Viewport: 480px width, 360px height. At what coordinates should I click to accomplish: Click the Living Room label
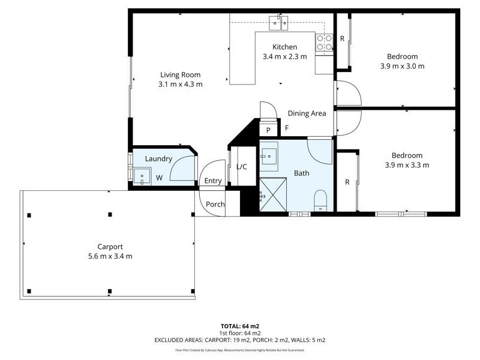[x=180, y=75]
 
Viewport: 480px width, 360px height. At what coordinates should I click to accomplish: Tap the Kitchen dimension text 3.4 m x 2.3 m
[x=284, y=56]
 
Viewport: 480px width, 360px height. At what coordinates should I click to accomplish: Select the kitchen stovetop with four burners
[x=325, y=42]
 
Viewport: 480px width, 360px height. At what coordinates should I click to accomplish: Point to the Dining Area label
[x=307, y=113]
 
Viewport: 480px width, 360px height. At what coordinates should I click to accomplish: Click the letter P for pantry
[x=268, y=130]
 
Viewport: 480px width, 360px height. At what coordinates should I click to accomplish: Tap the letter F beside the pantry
[x=287, y=128]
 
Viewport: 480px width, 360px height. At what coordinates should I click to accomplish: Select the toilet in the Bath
[x=320, y=200]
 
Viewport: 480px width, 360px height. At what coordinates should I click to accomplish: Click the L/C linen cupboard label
[x=242, y=167]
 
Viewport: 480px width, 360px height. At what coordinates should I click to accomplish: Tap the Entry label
[x=213, y=181]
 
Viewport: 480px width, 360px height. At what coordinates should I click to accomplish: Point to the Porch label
[x=215, y=204]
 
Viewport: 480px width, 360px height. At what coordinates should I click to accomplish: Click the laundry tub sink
[x=142, y=176]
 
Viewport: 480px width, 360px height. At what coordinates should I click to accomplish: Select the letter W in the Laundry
[x=160, y=178]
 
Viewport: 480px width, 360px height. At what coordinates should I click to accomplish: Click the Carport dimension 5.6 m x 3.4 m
[x=110, y=256]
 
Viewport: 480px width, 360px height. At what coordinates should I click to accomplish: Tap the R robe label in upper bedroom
[x=342, y=39]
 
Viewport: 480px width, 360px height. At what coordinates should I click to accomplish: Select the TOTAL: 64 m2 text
[x=239, y=326]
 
